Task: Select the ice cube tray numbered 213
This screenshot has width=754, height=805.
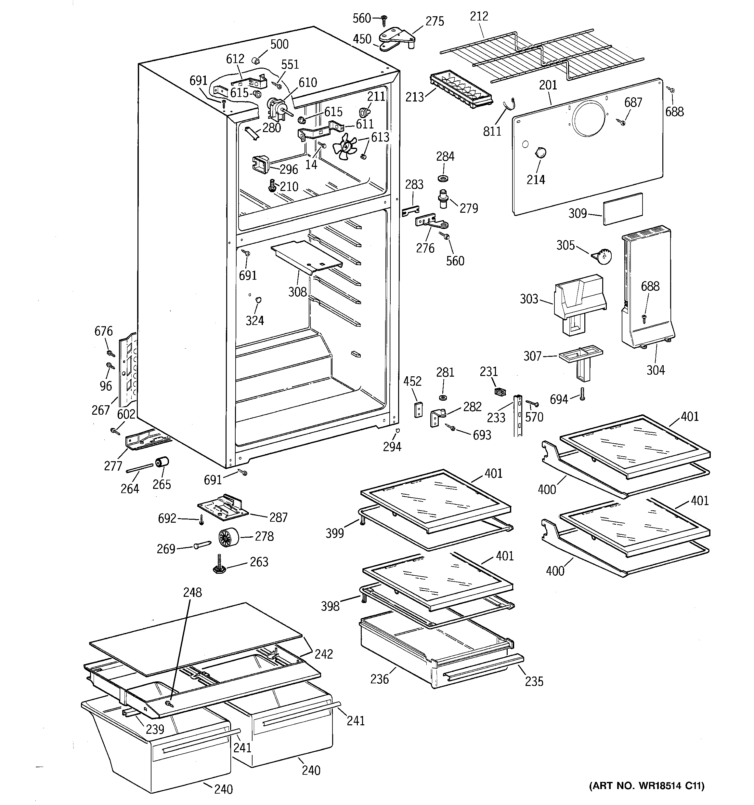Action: (x=461, y=89)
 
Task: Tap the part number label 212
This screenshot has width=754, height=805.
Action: (x=479, y=16)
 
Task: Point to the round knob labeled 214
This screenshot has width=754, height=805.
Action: (x=540, y=153)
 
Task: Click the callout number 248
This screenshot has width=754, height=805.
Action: (x=192, y=592)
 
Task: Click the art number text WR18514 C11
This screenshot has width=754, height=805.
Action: (x=646, y=785)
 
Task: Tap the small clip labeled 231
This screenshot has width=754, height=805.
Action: (x=500, y=391)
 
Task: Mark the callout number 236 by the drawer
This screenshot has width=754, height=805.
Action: (x=379, y=679)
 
